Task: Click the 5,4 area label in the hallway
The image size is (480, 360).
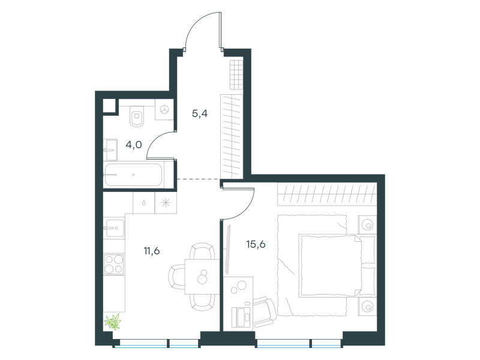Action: [200, 113]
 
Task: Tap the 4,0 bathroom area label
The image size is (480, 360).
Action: [134, 145]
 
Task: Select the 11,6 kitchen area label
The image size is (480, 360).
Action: [152, 251]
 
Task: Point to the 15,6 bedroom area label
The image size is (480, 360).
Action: [256, 244]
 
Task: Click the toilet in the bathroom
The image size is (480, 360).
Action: [137, 116]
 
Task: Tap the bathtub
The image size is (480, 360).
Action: [133, 175]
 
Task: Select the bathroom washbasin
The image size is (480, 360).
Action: [111, 149]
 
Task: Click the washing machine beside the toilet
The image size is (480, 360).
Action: [164, 109]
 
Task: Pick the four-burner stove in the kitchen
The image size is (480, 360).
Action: [114, 265]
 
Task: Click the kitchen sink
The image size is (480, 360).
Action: [115, 228]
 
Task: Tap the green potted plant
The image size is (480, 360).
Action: [113, 322]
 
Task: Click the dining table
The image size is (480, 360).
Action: [202, 277]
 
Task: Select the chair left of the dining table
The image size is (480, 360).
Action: [177, 277]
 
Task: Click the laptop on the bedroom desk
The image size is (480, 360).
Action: [241, 317]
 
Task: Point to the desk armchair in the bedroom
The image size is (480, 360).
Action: [265, 311]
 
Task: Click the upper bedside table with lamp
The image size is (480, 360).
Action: [367, 225]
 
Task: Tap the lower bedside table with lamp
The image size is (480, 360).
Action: [367, 307]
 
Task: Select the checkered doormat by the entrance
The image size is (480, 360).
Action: [236, 74]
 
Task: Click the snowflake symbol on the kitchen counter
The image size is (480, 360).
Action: [166, 203]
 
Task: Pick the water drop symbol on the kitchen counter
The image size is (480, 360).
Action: [144, 203]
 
